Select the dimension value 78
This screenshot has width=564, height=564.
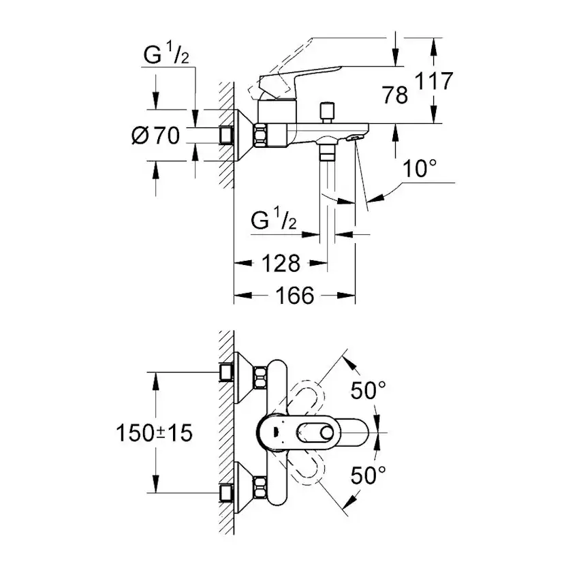click(x=394, y=95)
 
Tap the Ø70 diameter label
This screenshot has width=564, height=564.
click(x=155, y=136)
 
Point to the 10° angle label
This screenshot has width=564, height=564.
click(x=418, y=169)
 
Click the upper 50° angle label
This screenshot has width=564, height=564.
click(x=369, y=391)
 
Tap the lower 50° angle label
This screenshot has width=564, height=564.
click(x=369, y=475)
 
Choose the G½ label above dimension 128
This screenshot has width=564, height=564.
click(x=273, y=220)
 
